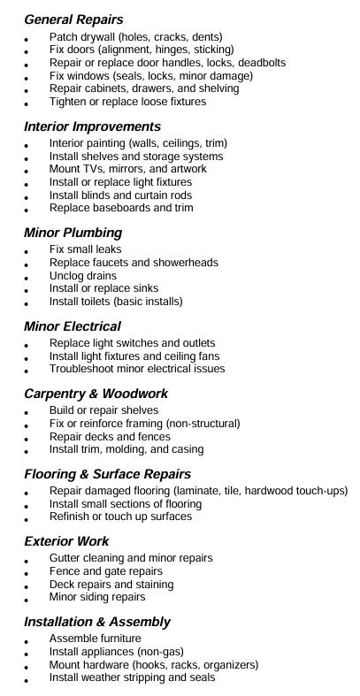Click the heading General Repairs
coord(73,19)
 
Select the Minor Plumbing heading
coord(73,233)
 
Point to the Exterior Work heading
coord(67,540)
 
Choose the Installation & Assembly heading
coord(97,622)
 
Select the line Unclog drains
coord(83,276)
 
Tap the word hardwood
coord(271,491)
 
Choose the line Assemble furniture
coord(96,639)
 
